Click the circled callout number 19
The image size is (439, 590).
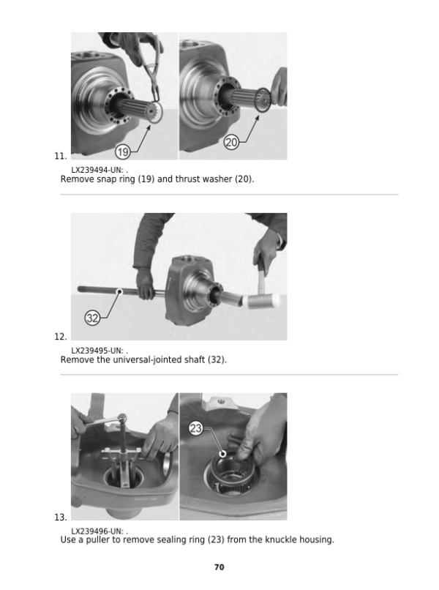pos(123,152)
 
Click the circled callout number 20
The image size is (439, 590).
pos(231,142)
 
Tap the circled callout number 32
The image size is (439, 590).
pos(92,318)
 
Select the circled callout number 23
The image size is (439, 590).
pos(195,428)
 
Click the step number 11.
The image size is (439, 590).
pos(61,156)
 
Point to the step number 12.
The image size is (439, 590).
pos(61,337)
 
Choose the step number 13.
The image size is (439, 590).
pos(61,518)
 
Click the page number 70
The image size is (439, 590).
pos(219,567)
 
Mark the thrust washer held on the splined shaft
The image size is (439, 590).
pos(263,100)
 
